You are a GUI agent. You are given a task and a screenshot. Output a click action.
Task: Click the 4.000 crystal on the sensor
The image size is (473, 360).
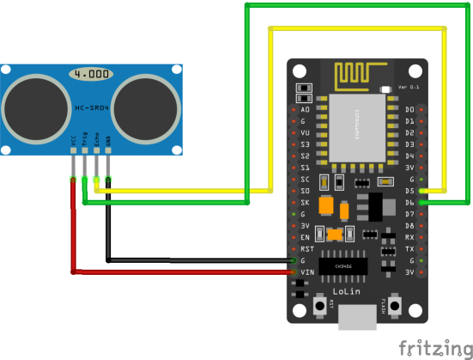click(x=91, y=75)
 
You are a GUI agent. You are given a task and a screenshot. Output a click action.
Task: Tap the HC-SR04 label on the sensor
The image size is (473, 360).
click(x=91, y=107)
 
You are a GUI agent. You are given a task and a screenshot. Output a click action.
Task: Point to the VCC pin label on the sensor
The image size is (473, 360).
click(x=73, y=139)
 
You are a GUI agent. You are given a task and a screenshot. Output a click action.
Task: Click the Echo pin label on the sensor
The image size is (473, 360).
click(x=96, y=139)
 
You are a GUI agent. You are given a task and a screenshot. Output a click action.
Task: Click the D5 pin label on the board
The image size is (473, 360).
click(x=409, y=190)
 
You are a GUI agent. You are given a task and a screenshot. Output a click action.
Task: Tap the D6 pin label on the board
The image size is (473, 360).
click(x=409, y=202)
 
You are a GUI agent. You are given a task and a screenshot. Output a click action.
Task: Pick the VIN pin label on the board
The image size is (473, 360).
click(x=306, y=272)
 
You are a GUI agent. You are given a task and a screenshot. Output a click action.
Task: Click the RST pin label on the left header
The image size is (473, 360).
click(x=306, y=248)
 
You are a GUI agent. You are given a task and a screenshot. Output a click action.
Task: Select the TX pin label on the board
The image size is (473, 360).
click(x=409, y=248)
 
